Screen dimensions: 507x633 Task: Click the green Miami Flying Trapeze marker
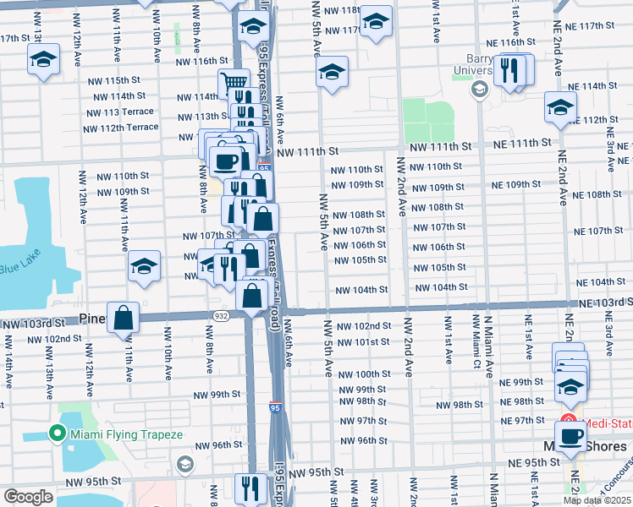57,434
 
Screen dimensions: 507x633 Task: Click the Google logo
27,497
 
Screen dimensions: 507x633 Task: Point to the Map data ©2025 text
597,500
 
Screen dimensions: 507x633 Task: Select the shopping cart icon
234,84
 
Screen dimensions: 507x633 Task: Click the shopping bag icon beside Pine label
124,319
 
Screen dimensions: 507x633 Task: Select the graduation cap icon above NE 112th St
559,107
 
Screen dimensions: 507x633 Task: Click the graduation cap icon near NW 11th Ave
145,267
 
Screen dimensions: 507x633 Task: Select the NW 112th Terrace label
120,128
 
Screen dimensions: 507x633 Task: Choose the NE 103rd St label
604,303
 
